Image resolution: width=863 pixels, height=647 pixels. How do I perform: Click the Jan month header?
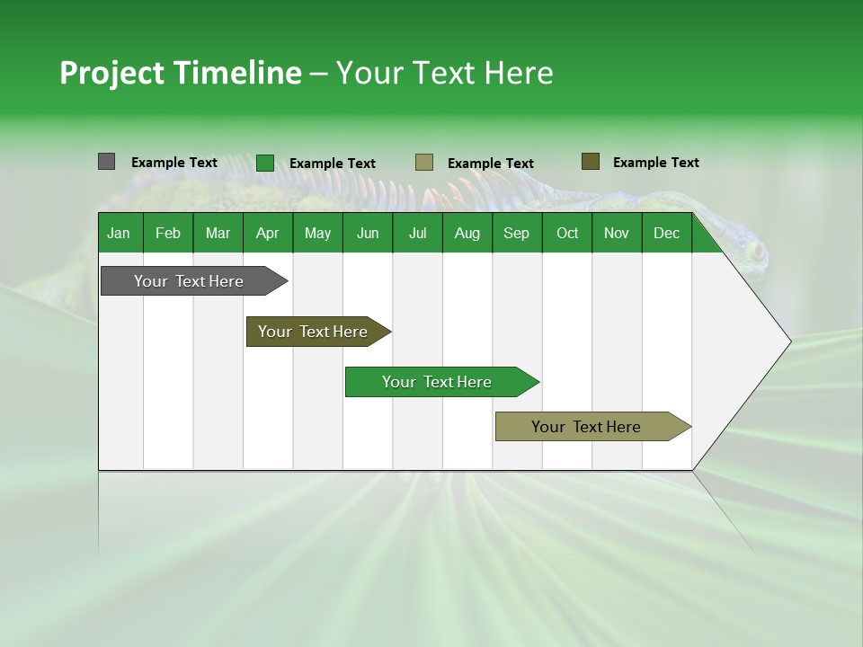coord(119,233)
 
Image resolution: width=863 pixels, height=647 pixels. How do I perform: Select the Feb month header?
coord(168,233)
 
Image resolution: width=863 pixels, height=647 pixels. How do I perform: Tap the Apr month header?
coord(267,233)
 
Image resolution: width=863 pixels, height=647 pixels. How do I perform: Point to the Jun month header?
coord(368,233)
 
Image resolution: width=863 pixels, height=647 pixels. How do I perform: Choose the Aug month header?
coord(467,233)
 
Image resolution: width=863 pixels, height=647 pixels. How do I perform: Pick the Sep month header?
coord(516,233)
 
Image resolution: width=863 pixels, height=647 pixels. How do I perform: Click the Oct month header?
coord(567,233)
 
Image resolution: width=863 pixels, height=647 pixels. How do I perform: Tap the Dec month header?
coord(666,233)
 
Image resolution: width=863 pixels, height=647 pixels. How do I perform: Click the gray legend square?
coord(106,162)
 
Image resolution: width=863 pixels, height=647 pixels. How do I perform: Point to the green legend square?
coord(265,163)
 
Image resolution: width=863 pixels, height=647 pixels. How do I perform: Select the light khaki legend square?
coord(424,163)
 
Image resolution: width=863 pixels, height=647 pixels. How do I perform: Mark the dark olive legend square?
coord(591,162)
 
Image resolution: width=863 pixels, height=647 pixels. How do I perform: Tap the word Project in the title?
coord(111,73)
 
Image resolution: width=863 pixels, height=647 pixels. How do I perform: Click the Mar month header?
coord(218,233)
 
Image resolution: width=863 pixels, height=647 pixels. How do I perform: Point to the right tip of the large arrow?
coord(789,341)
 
